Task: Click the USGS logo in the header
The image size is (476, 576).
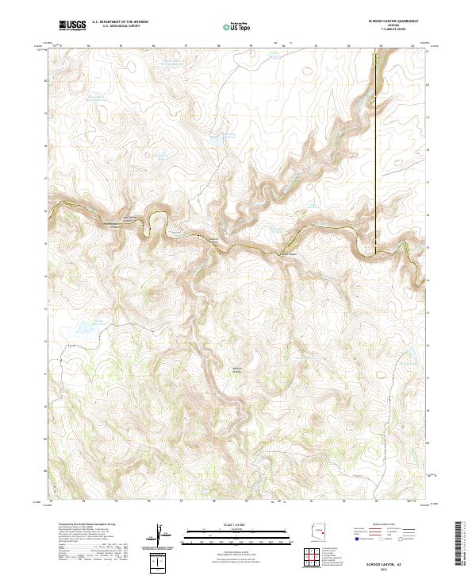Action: (73, 25)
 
